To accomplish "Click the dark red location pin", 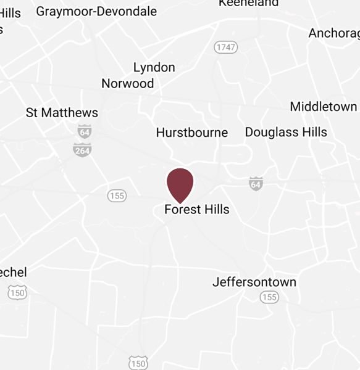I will (180, 183).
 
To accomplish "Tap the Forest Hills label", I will (196, 210).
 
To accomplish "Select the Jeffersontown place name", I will (254, 282).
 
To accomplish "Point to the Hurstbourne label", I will (191, 133).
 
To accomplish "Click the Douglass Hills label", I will (286, 132).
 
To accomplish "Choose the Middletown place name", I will (323, 107).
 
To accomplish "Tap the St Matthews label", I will (62, 113).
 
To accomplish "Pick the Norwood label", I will (128, 83).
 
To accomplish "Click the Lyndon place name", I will (154, 67).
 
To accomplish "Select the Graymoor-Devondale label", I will (96, 11).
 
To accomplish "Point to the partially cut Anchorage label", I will (333, 33).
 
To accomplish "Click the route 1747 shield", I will (226, 47).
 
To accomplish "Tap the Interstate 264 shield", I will (82, 149).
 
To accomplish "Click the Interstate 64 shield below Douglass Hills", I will (256, 183).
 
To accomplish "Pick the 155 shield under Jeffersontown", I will (269, 297).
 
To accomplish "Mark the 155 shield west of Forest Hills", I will (117, 195).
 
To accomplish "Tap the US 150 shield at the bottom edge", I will (138, 363).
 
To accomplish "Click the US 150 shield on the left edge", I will (17, 292).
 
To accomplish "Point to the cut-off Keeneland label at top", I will (248, 3).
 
